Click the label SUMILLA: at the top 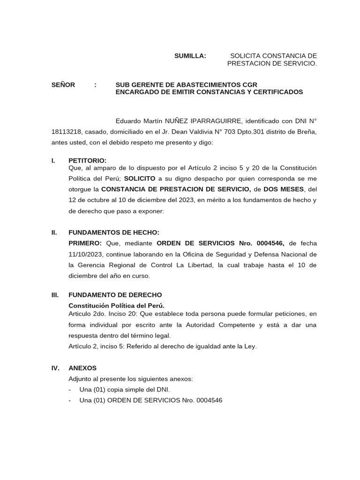click(190, 56)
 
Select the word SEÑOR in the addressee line click(63, 85)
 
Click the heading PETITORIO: click(88, 160)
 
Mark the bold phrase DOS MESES click(284, 189)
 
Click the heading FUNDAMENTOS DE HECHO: click(114, 232)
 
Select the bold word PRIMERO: click(85, 243)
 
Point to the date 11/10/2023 click(85, 254)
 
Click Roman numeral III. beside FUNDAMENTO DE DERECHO click(55, 295)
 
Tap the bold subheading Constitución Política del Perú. click(116, 306)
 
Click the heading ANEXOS click(82, 368)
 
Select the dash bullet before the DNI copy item click(70, 390)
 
